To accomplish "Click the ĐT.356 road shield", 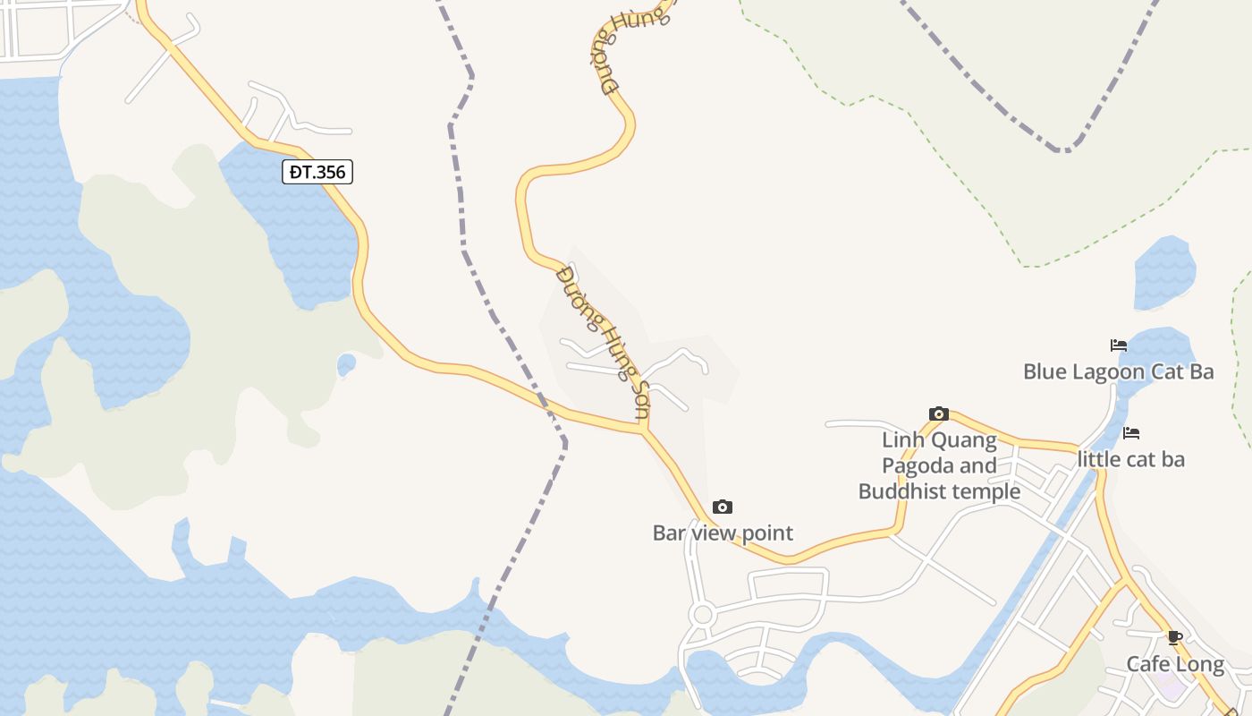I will (317, 172).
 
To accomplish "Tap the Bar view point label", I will (723, 533).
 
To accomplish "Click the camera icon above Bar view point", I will (723, 507).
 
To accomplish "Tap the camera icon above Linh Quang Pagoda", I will (939, 413).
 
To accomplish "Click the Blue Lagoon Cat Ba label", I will (1118, 371).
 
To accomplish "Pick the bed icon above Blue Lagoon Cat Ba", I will (1119, 345).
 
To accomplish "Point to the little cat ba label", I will (1131, 459).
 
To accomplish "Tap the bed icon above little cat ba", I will (1131, 433).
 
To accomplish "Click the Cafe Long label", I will (1175, 664).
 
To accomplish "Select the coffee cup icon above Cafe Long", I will (1175, 638).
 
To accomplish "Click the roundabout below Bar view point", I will (702, 615).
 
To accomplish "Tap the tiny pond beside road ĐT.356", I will (346, 364).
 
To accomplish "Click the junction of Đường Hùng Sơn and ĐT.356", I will (642, 430).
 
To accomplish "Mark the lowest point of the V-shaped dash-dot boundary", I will (1063, 149).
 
